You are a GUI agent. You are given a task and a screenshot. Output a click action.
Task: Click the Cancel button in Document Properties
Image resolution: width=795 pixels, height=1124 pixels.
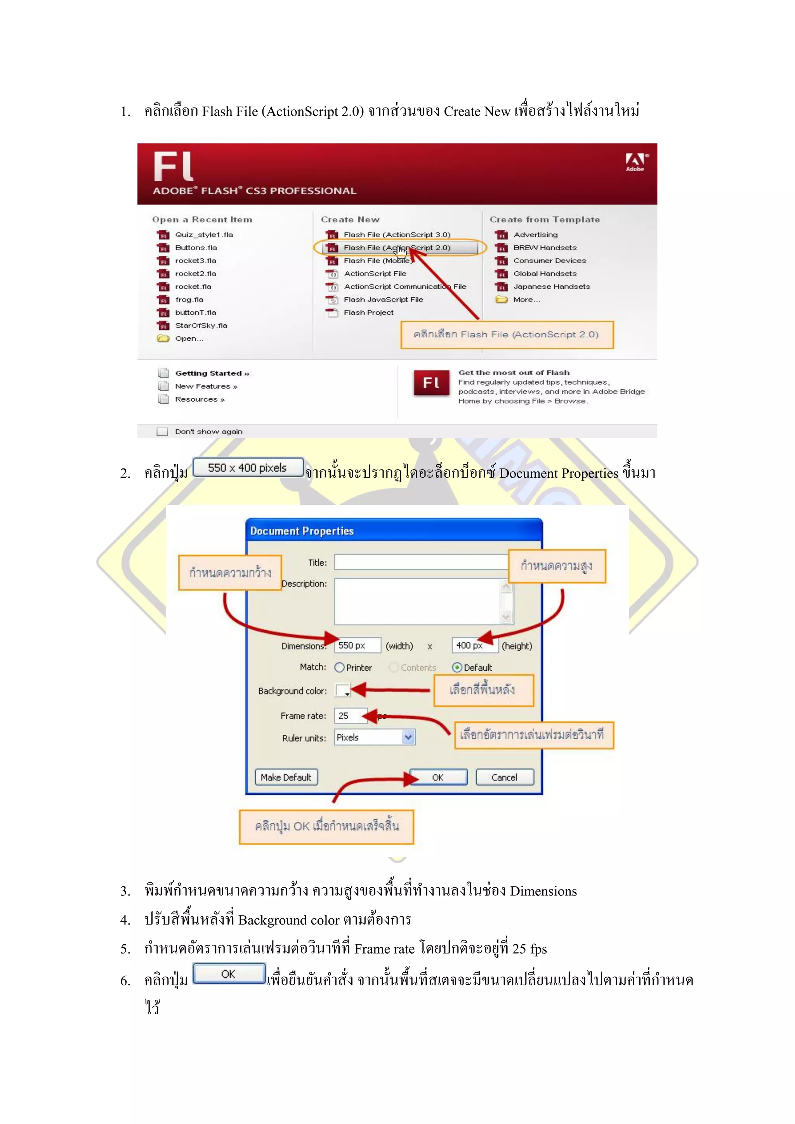coord(504,777)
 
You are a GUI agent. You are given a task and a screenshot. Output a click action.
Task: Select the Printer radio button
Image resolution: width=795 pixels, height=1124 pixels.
coord(339,667)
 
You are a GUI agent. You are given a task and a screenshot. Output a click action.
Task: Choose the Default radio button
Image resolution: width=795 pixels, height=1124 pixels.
coord(457,667)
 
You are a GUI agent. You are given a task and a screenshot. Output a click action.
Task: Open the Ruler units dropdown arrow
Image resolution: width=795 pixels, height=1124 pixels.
coord(408,737)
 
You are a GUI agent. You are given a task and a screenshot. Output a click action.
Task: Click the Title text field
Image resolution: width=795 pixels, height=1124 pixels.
coord(421,562)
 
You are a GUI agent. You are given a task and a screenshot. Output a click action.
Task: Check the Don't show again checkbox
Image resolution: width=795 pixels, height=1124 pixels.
coord(162,432)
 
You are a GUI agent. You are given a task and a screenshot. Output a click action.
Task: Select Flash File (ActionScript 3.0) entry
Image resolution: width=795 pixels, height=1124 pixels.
coord(396,235)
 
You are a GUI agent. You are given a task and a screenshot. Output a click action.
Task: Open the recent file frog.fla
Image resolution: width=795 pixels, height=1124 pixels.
coord(189,300)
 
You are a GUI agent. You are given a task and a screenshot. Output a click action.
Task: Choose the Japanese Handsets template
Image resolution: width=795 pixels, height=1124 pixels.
coord(551,287)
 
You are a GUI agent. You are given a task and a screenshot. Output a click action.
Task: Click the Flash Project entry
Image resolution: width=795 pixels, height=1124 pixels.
coord(368,313)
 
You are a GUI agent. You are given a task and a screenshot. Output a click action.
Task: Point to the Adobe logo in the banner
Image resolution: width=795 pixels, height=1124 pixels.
coord(635,162)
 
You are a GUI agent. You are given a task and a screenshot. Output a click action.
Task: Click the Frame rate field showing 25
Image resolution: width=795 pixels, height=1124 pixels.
coord(349,716)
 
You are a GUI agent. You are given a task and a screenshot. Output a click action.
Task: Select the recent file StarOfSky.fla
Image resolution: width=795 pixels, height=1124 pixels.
coord(201,326)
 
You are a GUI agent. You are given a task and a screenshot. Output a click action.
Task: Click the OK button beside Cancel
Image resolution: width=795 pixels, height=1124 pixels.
coord(437,777)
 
